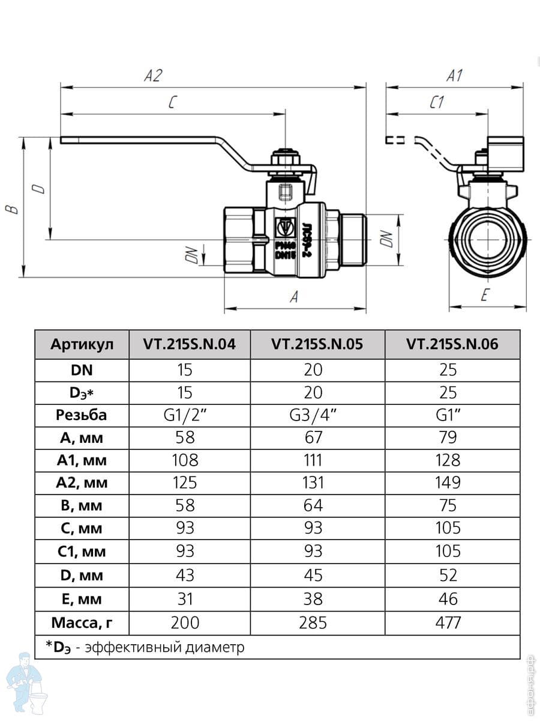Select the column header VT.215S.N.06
(x=452, y=345)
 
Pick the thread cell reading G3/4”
(x=313, y=415)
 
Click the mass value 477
(x=448, y=622)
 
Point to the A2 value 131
(x=313, y=482)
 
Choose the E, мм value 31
(x=185, y=599)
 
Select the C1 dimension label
(x=436, y=103)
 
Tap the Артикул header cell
(x=82, y=345)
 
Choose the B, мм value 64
(x=313, y=505)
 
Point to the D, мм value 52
(x=448, y=575)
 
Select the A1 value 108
(x=185, y=460)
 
